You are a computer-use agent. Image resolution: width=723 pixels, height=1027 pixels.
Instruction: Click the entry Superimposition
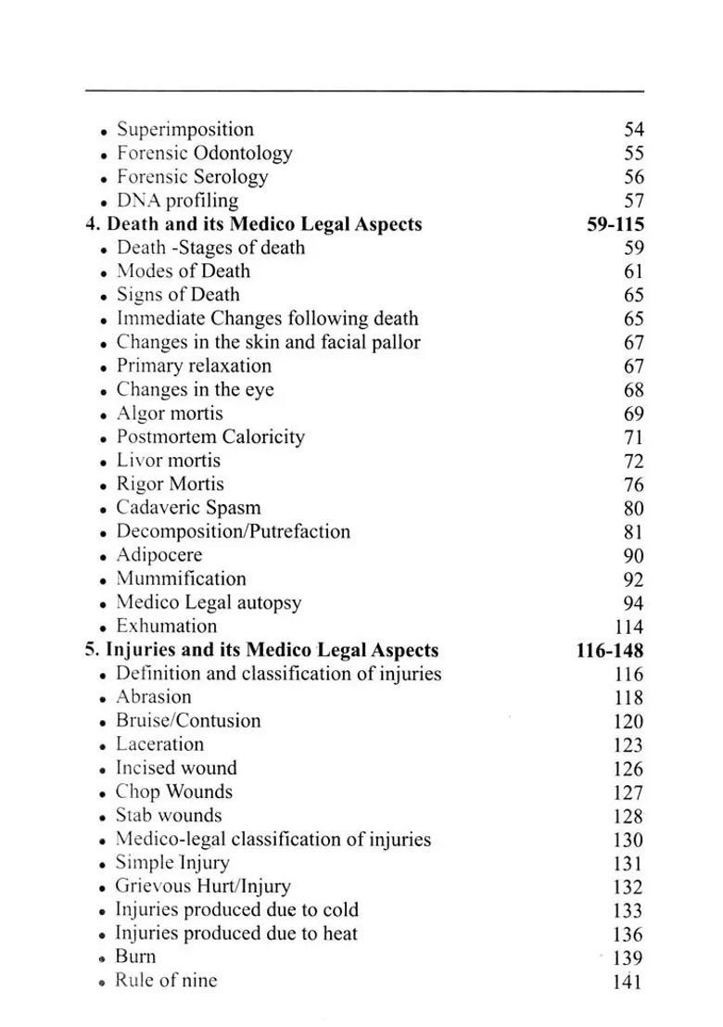pos(184,130)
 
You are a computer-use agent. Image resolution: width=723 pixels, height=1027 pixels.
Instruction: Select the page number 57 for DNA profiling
pos(633,201)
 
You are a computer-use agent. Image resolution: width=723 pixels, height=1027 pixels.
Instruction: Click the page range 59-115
pos(615,224)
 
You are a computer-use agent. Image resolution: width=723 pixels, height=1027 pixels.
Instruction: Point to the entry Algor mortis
pos(169,413)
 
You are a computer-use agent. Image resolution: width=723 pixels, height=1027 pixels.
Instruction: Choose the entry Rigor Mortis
pos(170,485)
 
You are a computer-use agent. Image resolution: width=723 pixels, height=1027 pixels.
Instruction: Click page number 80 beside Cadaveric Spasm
pos(633,509)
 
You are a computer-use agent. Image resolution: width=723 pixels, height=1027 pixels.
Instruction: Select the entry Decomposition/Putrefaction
pos(233,532)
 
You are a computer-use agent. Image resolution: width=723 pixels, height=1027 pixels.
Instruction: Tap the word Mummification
pos(181,579)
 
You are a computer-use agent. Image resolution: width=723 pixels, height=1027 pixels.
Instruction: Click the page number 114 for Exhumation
pos(628,627)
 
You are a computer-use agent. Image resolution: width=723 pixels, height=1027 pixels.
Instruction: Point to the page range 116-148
pos(609,650)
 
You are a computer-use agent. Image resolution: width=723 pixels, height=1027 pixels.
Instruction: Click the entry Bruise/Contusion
pos(188,721)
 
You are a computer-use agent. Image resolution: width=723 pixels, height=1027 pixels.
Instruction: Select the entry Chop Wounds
pos(173,792)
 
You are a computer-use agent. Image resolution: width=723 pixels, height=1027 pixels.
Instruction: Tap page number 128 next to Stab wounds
pos(628,817)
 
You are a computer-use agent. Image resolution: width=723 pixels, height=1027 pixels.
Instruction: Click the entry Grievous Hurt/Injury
pos(202,887)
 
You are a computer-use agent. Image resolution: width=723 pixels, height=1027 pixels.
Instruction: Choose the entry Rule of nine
pos(166,981)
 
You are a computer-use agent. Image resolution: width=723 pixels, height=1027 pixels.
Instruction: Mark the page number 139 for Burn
pos(628,958)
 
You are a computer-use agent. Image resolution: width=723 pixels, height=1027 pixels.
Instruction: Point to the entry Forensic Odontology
pos(204,154)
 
